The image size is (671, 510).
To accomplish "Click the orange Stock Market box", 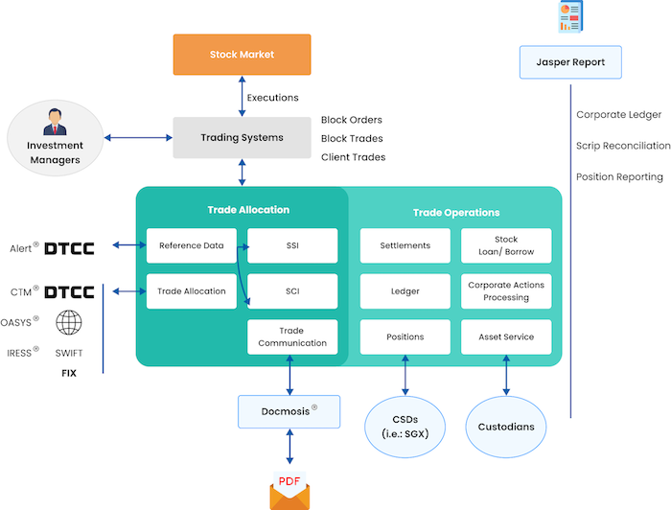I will point(242,55).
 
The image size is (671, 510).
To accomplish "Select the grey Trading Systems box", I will point(242,138).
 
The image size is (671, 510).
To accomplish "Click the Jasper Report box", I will point(570,62).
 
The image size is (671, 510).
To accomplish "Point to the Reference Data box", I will point(192,245).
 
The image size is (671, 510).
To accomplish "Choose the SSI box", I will point(292,245).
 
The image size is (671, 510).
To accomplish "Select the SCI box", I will point(292,291).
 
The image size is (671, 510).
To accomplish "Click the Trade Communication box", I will point(292,336).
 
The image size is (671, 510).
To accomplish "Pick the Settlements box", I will point(405,245).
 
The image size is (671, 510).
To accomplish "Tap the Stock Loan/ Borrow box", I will point(506,245).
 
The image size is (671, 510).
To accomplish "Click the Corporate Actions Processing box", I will point(506,291).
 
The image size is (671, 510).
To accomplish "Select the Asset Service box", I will point(506,336).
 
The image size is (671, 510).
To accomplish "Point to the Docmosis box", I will point(289,411).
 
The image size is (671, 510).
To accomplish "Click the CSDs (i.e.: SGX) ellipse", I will point(405,426).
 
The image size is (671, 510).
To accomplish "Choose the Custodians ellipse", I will point(506,426).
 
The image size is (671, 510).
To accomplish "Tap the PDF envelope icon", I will point(289,490).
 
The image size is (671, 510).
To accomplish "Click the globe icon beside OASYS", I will point(69,323).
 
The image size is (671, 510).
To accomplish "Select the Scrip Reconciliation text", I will point(623,146).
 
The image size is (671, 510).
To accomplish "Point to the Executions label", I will point(272,98).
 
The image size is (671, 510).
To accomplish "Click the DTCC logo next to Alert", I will point(70,246).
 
